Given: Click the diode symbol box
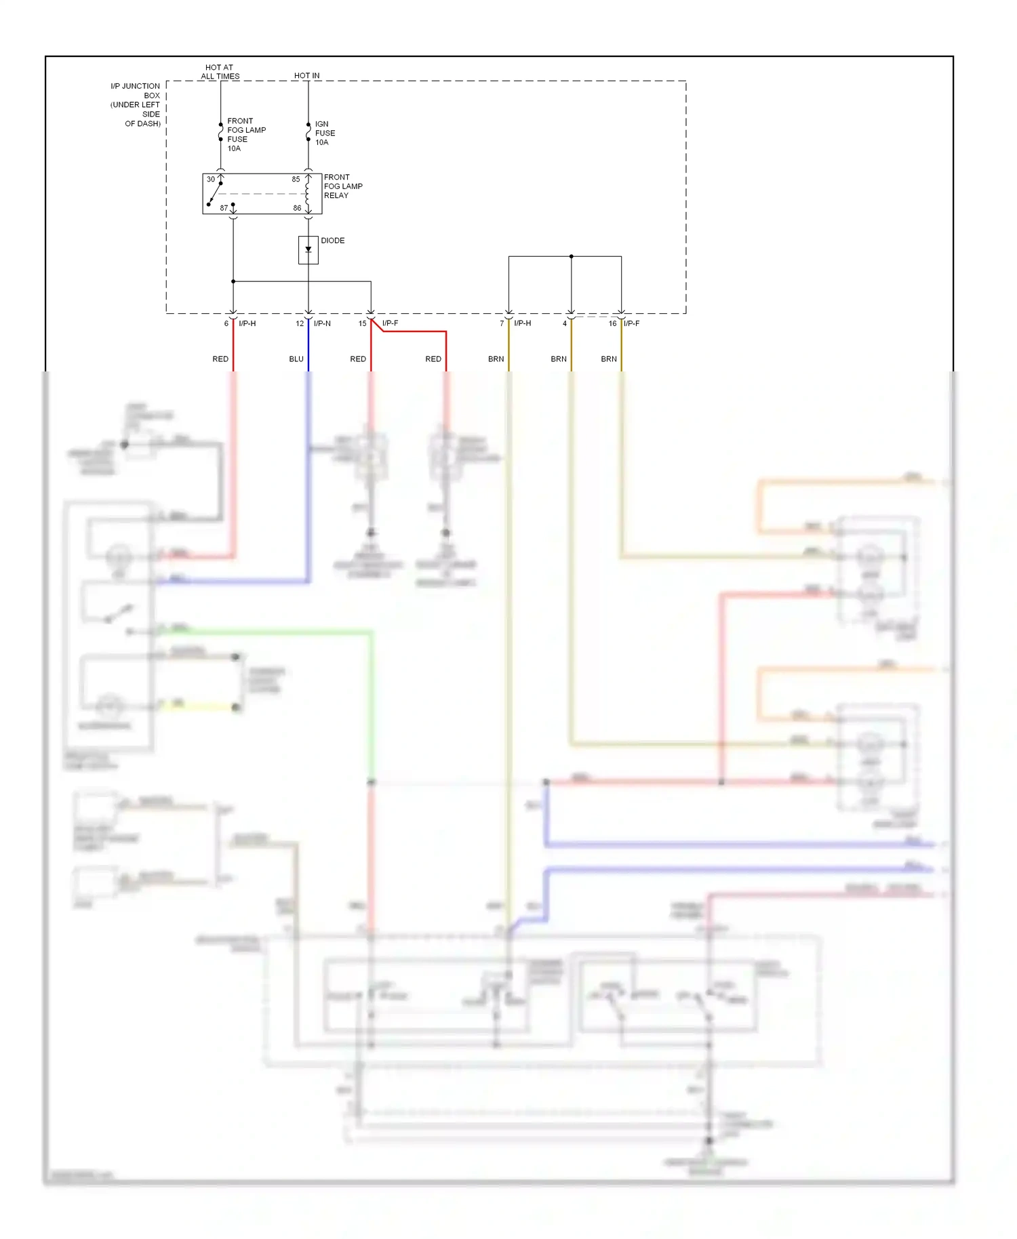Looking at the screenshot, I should (308, 249).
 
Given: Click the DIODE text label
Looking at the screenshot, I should (332, 241).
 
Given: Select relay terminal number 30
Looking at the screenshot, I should (211, 180).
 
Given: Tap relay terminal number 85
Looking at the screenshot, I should (296, 180).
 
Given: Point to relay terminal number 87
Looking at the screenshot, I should (224, 208).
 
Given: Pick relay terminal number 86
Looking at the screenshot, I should (297, 208).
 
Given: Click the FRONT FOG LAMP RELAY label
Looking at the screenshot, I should (343, 186).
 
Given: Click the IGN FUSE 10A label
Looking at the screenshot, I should (325, 134).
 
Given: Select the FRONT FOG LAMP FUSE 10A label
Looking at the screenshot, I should (246, 135).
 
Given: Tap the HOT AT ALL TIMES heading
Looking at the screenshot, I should (220, 72).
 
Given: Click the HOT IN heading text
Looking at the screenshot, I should (306, 76).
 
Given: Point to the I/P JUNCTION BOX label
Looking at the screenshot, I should (136, 105).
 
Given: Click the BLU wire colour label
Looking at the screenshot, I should (296, 359).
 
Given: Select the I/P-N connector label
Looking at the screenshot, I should (322, 324).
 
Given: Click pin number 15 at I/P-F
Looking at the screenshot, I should (362, 324).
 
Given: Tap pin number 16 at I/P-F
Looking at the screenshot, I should (612, 324).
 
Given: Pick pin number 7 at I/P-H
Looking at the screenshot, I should (502, 324).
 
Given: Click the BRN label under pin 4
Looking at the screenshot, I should (559, 359).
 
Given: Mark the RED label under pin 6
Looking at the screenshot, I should (220, 359).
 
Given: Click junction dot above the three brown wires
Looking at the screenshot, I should (571, 257).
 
